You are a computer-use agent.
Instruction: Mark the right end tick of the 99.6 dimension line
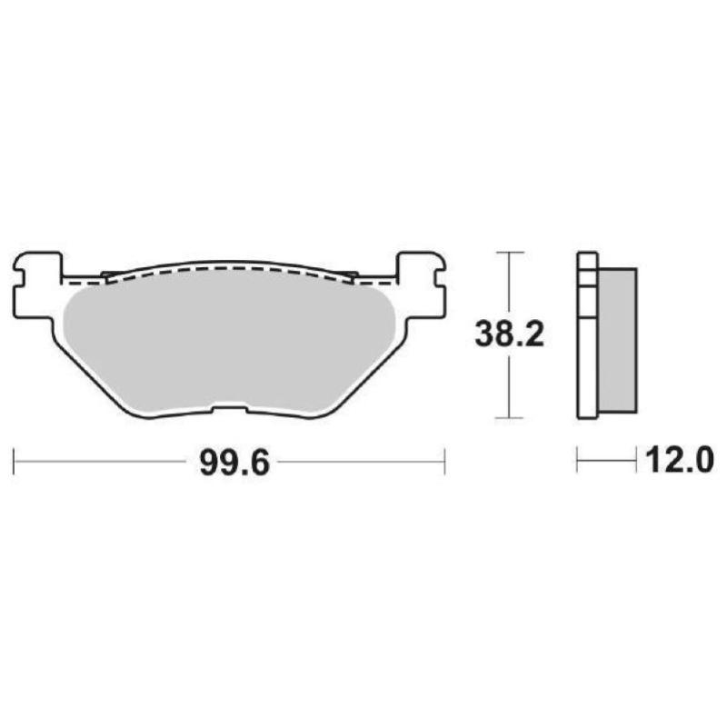point(443,461)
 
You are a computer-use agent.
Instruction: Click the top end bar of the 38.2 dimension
point(509,251)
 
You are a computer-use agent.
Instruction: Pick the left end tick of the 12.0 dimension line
point(577,461)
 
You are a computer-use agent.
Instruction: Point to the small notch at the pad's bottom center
point(231,408)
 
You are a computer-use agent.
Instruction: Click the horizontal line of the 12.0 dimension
point(606,461)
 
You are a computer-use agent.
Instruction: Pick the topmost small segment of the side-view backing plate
point(587,257)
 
